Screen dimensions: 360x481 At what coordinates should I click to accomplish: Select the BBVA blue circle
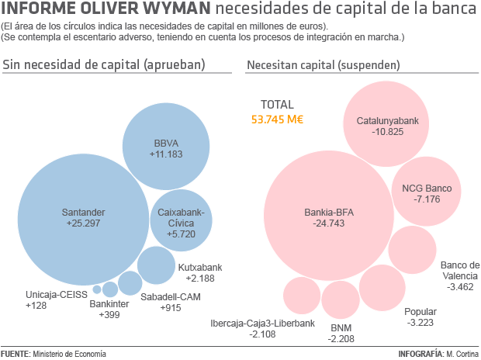(x=167, y=147)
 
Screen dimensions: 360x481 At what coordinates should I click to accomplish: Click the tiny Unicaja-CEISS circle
(x=97, y=289)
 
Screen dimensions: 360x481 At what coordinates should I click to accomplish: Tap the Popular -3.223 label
(x=421, y=317)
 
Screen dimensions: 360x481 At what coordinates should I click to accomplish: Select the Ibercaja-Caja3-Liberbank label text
(x=263, y=323)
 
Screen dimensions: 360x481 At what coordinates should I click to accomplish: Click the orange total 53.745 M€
(x=277, y=119)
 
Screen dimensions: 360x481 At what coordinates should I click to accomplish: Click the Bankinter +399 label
(x=108, y=309)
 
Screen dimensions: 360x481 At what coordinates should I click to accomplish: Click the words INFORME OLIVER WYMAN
(x=106, y=10)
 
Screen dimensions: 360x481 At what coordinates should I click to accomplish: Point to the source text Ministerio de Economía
(x=69, y=354)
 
